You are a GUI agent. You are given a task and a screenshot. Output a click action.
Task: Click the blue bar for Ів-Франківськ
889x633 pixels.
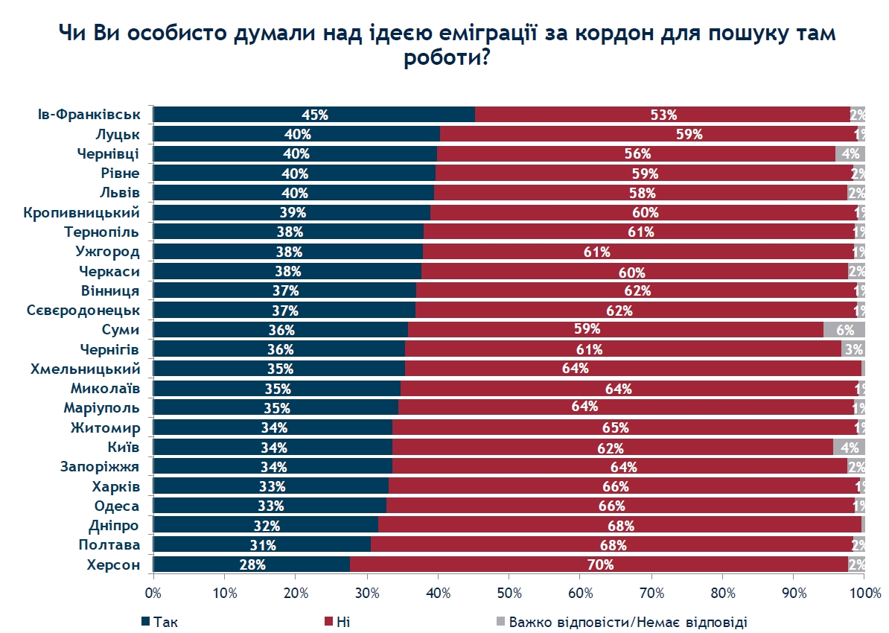313,115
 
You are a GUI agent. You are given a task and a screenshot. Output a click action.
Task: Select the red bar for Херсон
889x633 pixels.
599,564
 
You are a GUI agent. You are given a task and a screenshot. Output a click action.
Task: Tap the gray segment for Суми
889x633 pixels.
844,329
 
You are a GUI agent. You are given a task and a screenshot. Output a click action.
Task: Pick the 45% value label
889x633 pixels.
314,115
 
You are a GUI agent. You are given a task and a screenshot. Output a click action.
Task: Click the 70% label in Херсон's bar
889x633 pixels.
600,564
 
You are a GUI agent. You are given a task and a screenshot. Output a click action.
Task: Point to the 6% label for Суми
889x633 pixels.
845,329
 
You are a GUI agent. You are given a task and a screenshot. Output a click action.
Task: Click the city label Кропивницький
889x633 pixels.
82,212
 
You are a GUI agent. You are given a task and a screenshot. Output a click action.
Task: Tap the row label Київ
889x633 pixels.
124,447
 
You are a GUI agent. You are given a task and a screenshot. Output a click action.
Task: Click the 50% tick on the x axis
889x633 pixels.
509,593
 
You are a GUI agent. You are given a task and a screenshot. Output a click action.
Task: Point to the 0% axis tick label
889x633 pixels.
153,593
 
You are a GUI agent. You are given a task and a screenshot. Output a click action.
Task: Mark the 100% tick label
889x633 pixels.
863,593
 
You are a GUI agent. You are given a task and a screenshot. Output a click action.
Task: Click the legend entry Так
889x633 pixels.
159,621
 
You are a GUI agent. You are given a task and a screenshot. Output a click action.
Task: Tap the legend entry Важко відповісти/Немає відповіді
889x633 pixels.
621,621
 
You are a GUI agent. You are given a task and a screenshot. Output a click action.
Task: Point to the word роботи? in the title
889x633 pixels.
446,59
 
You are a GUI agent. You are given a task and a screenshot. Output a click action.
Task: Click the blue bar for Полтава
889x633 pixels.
261,545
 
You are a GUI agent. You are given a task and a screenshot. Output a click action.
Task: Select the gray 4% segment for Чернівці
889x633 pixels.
850,154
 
